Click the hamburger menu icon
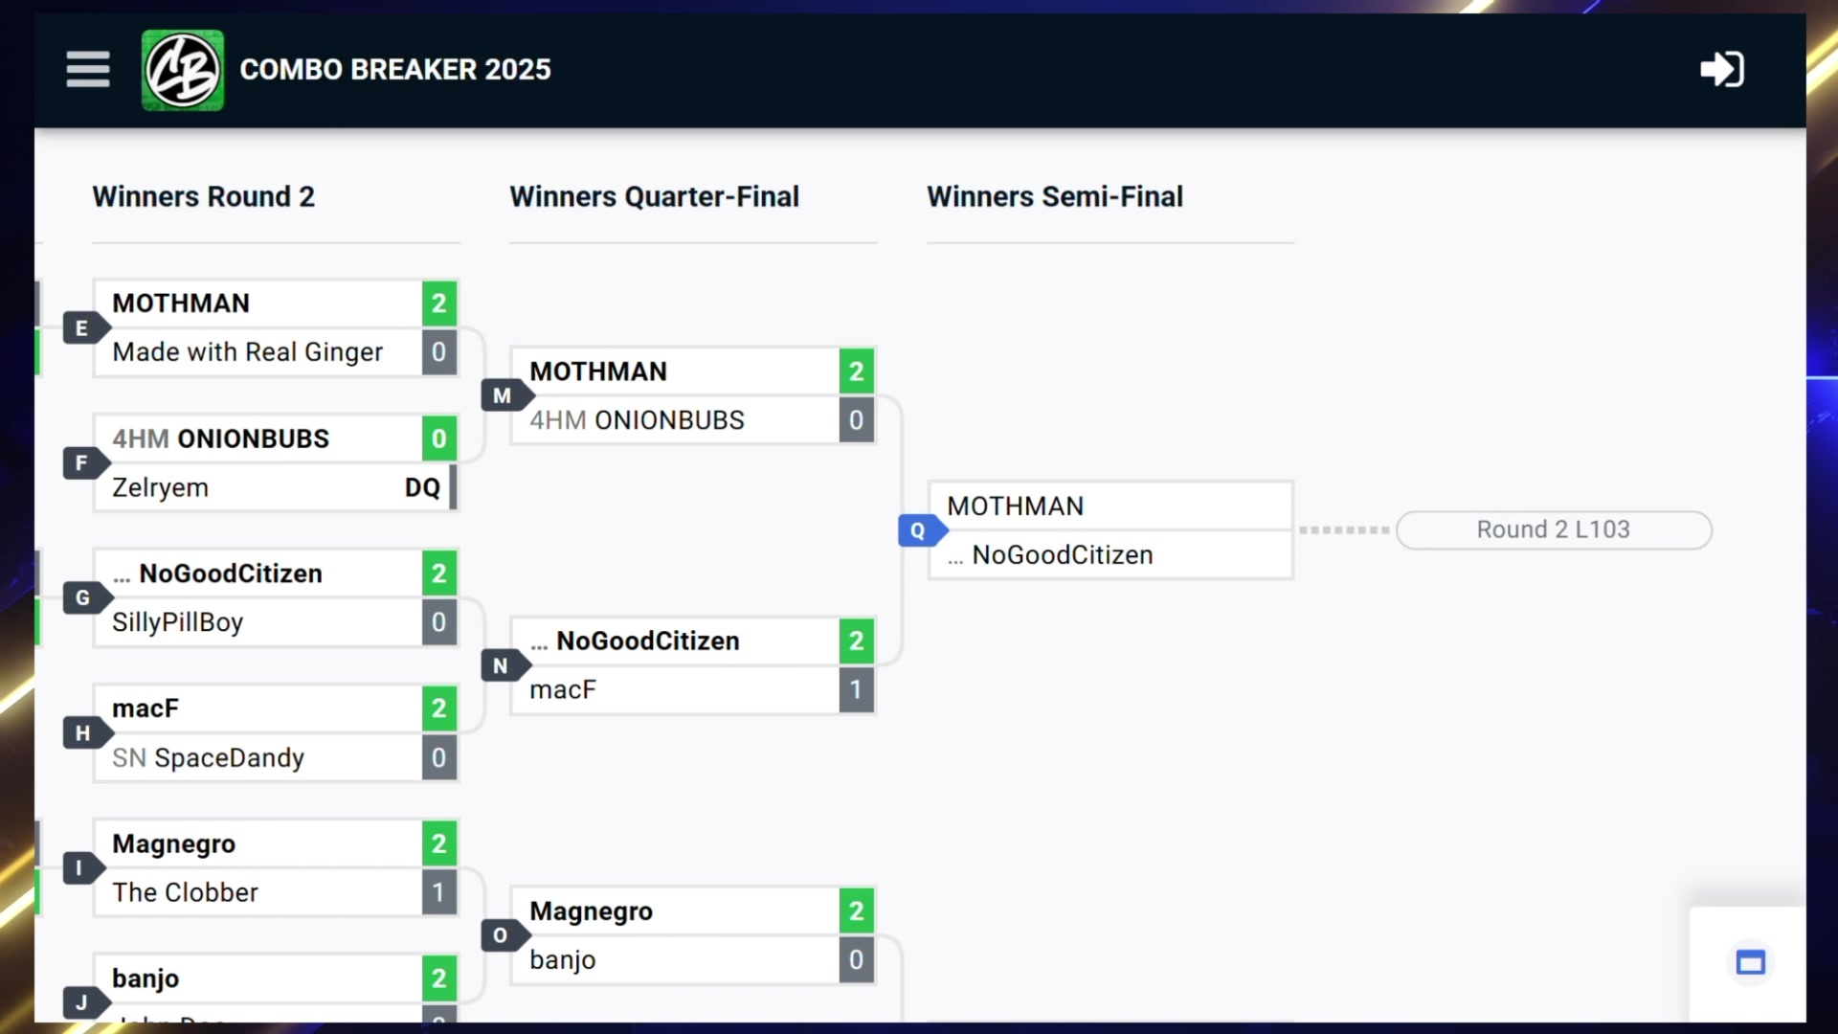pos(87,70)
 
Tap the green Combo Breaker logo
pos(183,70)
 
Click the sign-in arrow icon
pos(1721,70)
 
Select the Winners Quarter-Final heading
pos(654,197)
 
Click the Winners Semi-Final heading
pos(1054,197)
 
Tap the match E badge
pos(82,328)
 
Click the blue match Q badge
pos(918,530)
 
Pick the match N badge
pos(501,666)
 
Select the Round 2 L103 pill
pos(1553,530)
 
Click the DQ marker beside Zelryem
pos(422,488)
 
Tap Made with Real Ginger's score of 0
pos(438,352)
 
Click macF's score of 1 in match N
pos(856,690)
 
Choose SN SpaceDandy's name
pos(208,758)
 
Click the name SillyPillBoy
pos(177,623)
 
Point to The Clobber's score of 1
pos(438,893)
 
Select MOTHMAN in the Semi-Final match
pos(1015,506)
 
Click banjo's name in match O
pos(563,960)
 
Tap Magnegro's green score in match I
pos(438,844)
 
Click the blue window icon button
pos(1750,963)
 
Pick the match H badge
pos(82,733)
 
